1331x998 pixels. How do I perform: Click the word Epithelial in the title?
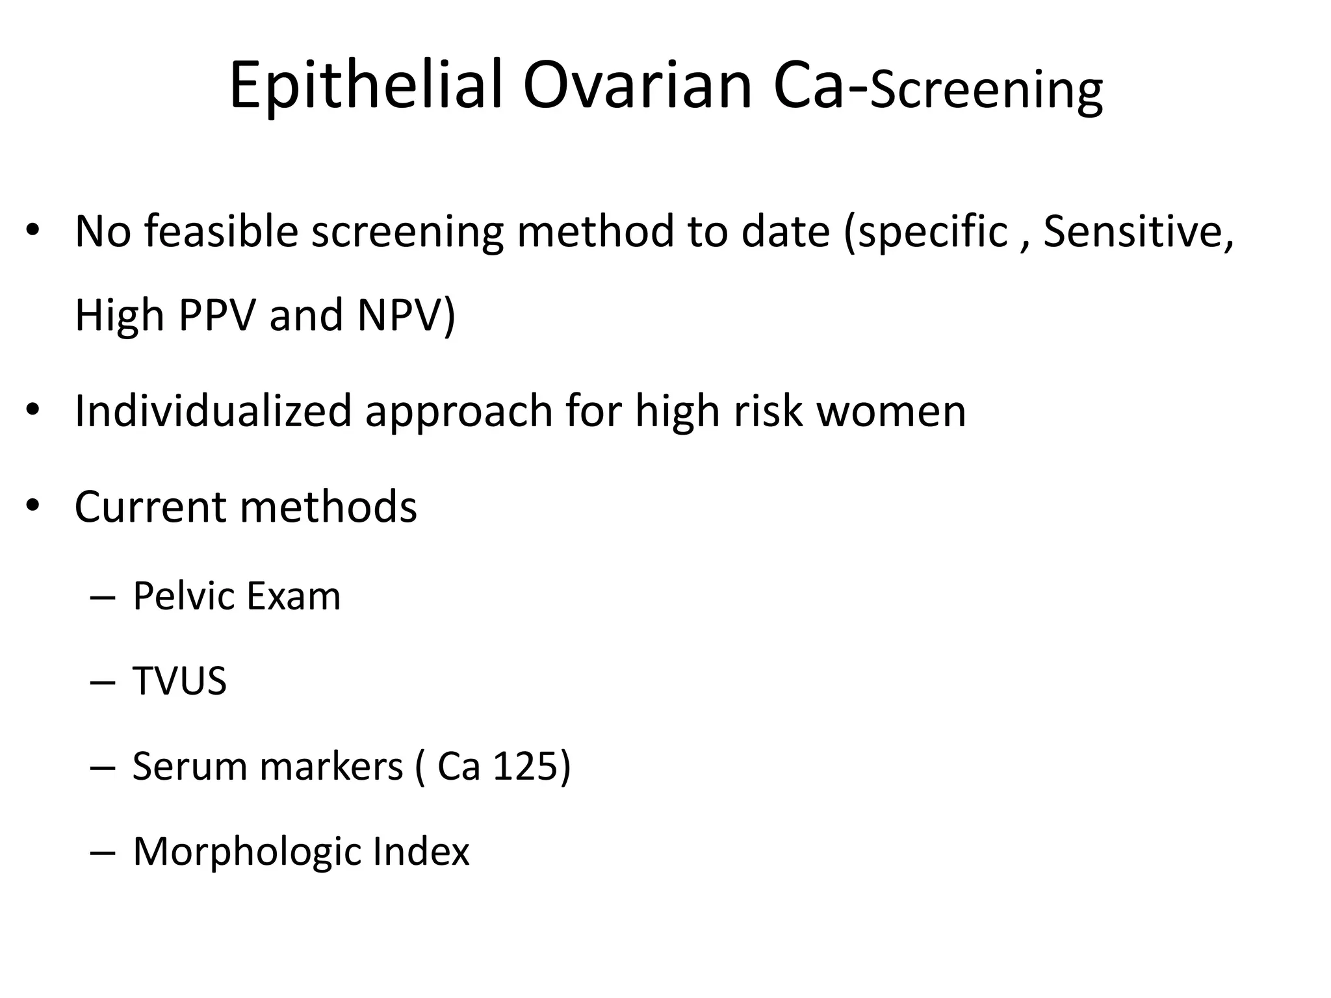point(366,86)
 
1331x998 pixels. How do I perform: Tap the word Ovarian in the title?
point(637,86)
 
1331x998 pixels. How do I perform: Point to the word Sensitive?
point(1138,231)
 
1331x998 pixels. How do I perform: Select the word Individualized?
point(213,411)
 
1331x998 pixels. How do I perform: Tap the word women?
point(891,411)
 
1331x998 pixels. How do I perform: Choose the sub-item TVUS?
point(179,681)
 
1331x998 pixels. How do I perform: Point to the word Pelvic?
point(182,596)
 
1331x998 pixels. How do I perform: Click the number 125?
point(524,766)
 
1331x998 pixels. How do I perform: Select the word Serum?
point(188,766)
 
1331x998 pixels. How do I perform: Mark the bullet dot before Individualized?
point(33,411)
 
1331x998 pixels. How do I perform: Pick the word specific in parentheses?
point(933,231)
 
